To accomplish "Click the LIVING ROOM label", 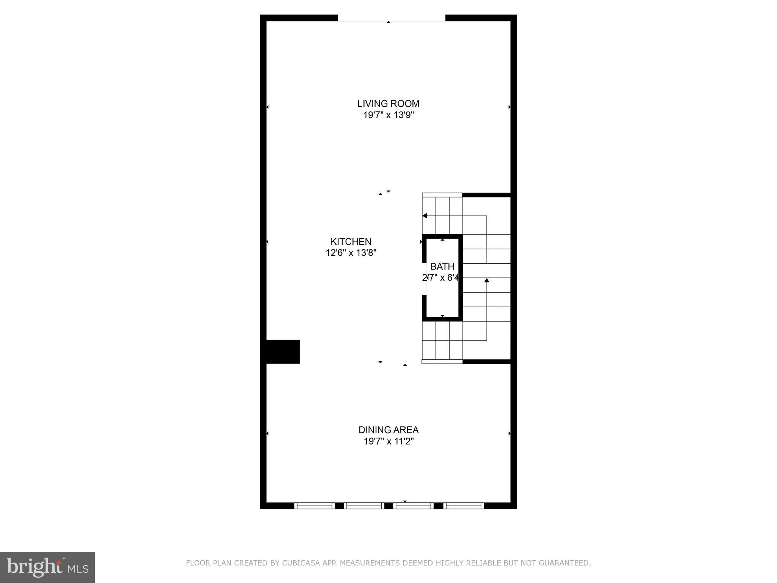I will point(388,104).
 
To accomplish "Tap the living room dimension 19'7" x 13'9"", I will point(388,115).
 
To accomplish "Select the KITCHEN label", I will point(351,241).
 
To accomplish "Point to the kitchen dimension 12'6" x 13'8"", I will point(351,253).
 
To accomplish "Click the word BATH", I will point(442,266).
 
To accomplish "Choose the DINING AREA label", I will point(388,430).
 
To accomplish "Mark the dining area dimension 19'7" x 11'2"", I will point(388,441).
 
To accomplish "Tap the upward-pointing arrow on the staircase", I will point(486,280).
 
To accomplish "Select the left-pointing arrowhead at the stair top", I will point(425,216).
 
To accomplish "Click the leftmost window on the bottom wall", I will point(315,506).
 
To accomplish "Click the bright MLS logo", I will point(47,567).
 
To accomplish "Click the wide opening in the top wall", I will point(391,18).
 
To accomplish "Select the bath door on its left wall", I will point(424,278).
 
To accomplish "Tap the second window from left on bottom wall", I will point(364,506).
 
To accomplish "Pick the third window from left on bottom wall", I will point(414,506).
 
